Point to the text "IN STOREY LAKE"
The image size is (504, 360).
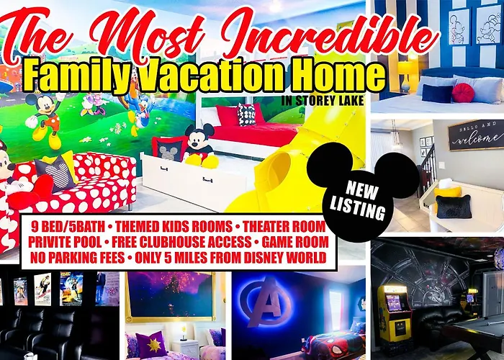323,101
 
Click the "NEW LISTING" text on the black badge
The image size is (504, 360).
358,199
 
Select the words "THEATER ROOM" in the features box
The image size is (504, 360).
284,227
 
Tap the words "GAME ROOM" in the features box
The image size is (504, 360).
295,242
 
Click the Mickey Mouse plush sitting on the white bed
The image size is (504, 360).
199,146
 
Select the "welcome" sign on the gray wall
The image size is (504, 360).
477,135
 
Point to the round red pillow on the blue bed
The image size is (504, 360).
463,93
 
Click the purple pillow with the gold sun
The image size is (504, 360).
150,345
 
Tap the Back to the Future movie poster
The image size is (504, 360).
71,288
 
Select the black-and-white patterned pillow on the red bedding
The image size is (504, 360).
246,114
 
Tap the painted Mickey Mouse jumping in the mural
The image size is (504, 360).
45,120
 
